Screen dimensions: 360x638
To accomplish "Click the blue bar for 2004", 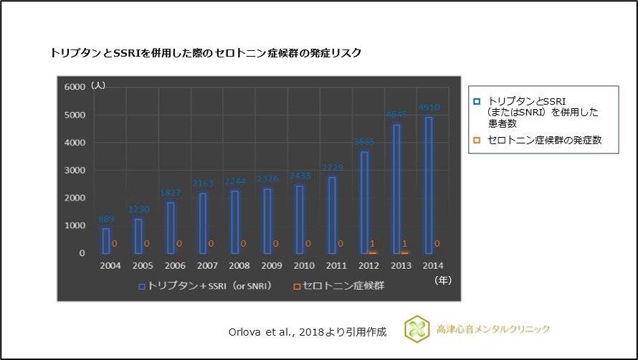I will pos(105,241).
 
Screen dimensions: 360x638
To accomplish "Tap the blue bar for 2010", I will pos(300,219).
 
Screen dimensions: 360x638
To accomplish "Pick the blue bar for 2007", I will pos(203,223).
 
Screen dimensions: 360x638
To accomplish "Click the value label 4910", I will pos(429,108).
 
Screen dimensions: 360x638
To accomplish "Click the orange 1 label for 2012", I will pos(373,243).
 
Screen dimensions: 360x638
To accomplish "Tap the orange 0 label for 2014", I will pos(437,243).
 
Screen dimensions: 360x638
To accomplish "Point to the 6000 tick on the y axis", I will pos(75,87).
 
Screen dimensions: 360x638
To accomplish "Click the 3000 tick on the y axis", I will pos(75,170).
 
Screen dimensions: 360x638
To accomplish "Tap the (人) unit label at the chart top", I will pos(98,85).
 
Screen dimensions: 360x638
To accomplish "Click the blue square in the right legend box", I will pos(477,101).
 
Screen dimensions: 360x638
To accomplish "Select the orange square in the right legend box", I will pos(477,141).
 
